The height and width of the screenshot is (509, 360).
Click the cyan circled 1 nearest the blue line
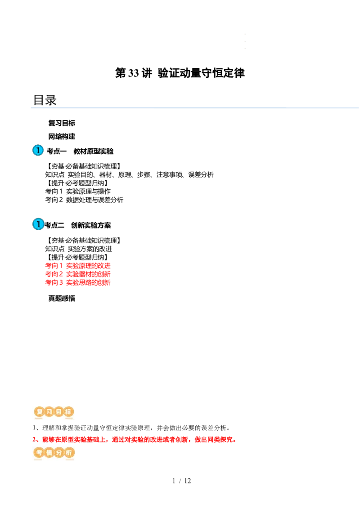click(x=38, y=150)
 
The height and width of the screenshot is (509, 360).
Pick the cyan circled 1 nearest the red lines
click(x=38, y=223)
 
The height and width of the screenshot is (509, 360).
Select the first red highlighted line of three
click(x=77, y=265)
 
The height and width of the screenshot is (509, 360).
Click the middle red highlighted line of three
click(x=77, y=274)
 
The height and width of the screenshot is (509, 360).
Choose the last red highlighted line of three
click(x=77, y=283)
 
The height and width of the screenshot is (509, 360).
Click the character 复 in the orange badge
click(x=39, y=411)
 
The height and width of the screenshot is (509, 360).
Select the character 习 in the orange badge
click(x=49, y=411)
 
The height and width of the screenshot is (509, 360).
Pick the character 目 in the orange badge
click(x=58, y=411)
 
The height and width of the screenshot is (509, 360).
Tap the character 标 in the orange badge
click(x=68, y=411)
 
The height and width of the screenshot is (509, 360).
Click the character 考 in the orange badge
click(x=39, y=453)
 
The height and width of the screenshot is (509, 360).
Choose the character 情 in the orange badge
click(x=49, y=453)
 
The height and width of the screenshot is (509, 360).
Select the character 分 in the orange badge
click(x=58, y=453)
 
